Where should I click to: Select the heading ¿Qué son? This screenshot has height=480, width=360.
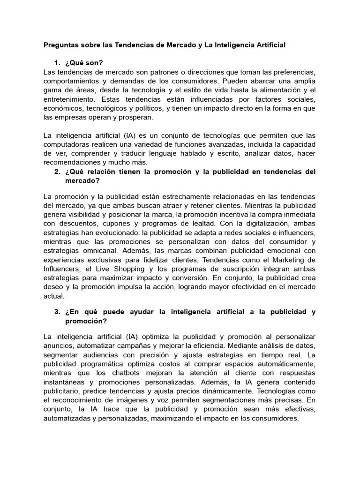tap(82, 63)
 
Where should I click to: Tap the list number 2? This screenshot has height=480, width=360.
tap(57, 172)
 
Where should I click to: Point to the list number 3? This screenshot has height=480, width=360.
tap(57, 312)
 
